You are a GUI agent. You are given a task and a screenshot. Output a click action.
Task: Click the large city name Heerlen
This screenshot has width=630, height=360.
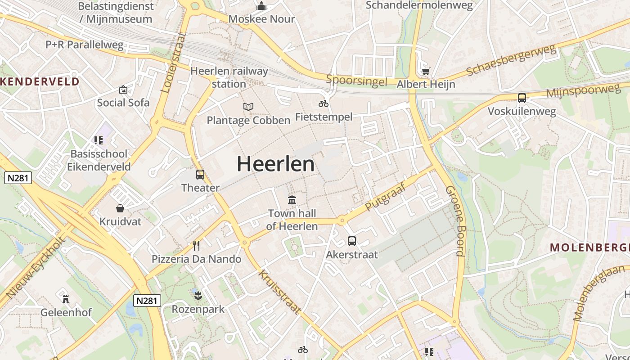pos(275,164)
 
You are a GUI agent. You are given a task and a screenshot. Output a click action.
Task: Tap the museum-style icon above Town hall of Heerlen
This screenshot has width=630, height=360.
pos(292,200)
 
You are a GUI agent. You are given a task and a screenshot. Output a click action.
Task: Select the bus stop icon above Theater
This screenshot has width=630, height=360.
pos(200,175)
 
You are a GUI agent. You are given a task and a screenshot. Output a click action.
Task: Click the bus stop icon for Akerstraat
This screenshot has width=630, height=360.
pos(352,241)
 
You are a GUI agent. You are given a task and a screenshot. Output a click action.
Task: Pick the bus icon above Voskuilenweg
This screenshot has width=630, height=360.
pos(522,98)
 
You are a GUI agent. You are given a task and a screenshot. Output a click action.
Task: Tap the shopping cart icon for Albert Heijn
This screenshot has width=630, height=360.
pos(426,71)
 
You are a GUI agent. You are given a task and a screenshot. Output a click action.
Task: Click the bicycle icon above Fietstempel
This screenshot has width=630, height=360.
pos(324,103)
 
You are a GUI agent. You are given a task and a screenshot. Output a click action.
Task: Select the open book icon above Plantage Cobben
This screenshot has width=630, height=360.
pos(248,107)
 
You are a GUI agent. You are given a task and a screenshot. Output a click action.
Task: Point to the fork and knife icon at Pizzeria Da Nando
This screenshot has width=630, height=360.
pos(196,245)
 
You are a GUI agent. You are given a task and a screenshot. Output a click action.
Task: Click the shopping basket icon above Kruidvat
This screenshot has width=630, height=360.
pos(120,208)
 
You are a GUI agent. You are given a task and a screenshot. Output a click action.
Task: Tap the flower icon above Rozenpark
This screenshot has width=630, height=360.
pos(198,296)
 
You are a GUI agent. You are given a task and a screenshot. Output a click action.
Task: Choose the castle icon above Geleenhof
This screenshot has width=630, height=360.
pos(66,298)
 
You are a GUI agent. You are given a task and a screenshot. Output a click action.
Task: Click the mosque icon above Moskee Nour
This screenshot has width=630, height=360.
pos(261,6)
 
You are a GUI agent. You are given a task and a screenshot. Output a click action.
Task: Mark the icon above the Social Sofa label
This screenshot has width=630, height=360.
pos(123,90)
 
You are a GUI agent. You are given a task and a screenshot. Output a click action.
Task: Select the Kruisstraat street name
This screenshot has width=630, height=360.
pos(279,292)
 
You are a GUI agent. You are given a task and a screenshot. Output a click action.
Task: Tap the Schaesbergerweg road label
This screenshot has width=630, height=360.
pos(511,61)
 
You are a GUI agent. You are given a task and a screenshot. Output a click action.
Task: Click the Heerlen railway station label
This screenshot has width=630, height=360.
pos(229,77)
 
